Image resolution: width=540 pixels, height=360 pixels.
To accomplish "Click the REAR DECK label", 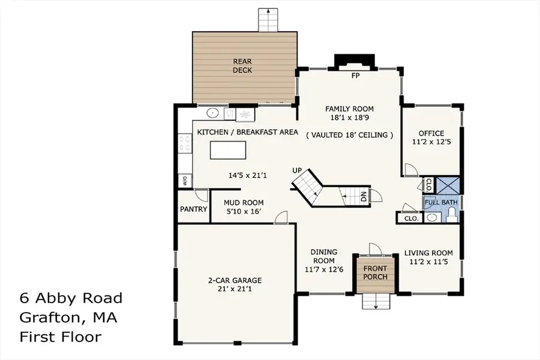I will (x=242, y=65).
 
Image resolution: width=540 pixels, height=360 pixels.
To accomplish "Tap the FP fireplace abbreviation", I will (x=355, y=76).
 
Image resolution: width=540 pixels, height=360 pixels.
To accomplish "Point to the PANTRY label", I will (x=193, y=209).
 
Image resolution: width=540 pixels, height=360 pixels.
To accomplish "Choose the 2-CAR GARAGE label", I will (x=235, y=280).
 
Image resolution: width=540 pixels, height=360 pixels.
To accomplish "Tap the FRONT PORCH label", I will (x=375, y=272).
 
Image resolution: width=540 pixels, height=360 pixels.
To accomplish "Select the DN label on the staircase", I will (x=364, y=196).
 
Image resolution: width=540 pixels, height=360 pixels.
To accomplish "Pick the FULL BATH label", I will (x=441, y=202).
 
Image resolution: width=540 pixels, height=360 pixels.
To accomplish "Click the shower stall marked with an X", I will (x=448, y=184).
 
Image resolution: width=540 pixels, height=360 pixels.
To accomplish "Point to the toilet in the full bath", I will (x=451, y=217).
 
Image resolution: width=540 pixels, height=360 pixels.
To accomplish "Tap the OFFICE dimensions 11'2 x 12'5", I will (x=431, y=143).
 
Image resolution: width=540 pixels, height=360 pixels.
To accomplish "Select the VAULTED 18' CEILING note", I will (x=350, y=135).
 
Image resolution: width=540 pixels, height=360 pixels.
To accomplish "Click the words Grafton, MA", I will (x=68, y=317).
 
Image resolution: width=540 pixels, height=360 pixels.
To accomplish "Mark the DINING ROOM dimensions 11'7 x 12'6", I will (x=324, y=269).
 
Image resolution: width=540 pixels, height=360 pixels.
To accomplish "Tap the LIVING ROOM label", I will (x=428, y=253).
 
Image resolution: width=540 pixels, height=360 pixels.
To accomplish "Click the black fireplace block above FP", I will (x=355, y=62).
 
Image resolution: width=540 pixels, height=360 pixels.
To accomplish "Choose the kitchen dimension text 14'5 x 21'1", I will (x=248, y=176).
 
